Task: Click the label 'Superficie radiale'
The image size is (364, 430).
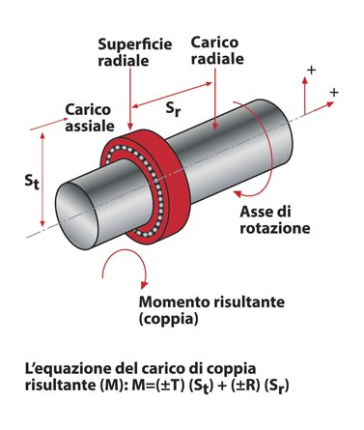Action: (135, 52)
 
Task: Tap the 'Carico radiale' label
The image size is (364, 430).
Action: (217, 50)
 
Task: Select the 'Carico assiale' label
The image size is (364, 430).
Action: (90, 118)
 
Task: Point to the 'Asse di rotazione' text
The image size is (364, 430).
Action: (275, 219)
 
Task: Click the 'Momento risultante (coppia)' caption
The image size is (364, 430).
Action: (211, 310)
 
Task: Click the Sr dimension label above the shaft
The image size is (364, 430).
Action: (173, 110)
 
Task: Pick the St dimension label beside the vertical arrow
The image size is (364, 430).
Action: (32, 182)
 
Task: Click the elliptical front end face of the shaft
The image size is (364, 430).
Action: (76, 215)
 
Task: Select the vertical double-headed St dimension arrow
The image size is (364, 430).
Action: (42, 180)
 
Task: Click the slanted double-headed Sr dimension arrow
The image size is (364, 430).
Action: (172, 95)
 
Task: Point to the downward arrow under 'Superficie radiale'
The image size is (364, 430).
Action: (130, 99)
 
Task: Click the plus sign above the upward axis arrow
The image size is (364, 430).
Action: (311, 70)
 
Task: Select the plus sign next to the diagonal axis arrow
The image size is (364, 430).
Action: (334, 93)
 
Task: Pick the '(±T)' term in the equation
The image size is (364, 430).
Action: (170, 386)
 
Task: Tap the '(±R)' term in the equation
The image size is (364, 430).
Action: (245, 386)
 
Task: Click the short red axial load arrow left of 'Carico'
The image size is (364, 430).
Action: (49, 124)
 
